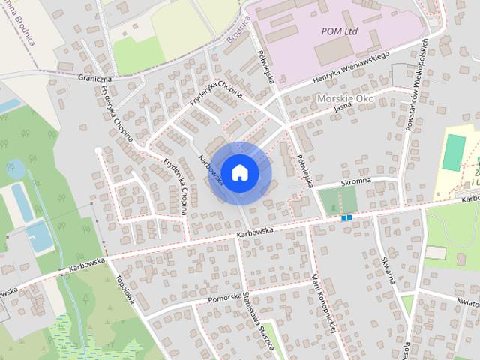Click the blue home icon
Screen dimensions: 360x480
point(239,172)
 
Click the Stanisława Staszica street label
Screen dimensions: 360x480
point(257,323)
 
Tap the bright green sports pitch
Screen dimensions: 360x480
point(452,152)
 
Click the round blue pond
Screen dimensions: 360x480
point(14,169)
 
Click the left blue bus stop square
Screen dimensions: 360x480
point(343,218)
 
